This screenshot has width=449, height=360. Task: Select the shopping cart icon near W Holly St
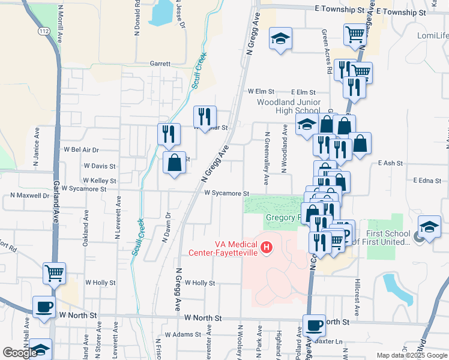pos(54,274)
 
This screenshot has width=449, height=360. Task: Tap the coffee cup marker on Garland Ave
pos(44,307)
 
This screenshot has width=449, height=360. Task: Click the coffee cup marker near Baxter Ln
pos(314,326)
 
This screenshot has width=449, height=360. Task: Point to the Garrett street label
pos(160,63)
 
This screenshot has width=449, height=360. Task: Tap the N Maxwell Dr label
pos(29,196)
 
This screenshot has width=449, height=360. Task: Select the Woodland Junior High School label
pos(288,106)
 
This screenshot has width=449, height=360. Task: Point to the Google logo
pos(20,353)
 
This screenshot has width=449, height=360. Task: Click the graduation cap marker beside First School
pos(429,227)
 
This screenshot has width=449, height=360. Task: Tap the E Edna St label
pos(427,180)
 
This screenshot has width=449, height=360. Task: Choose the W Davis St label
pos(99,166)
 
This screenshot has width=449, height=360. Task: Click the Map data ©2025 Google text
pos(412,355)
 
